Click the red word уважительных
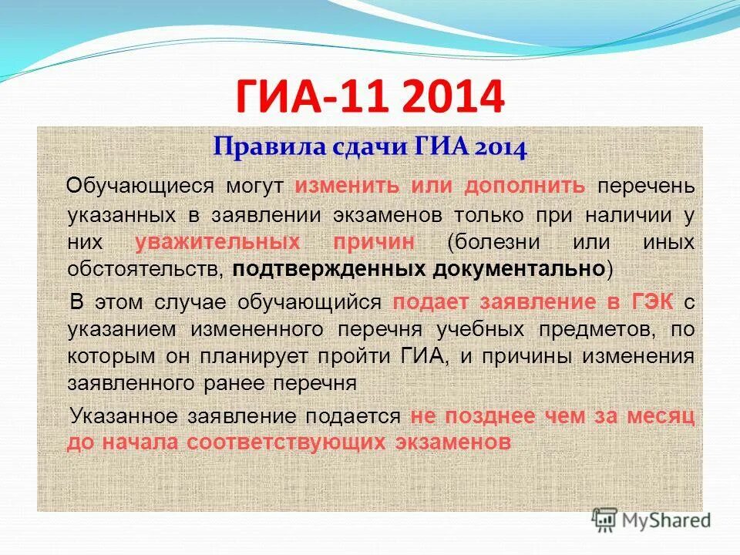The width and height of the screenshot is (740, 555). point(217,242)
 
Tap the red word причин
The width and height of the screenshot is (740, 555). point(375,242)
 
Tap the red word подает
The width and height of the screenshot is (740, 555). point(429,302)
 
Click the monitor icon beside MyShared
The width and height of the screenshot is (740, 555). point(604,519)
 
